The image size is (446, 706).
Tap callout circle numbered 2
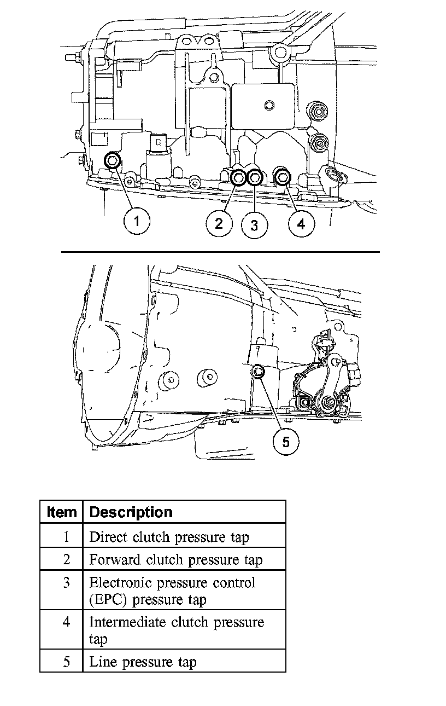pyautogui.click(x=219, y=223)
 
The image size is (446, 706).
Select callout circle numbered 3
pyautogui.click(x=254, y=224)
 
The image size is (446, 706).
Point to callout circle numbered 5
pyautogui.click(x=286, y=441)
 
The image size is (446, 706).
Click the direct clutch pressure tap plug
pyautogui.click(x=113, y=160)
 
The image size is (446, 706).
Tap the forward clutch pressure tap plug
pyautogui.click(x=239, y=177)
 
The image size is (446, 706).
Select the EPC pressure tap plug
pyautogui.click(x=255, y=177)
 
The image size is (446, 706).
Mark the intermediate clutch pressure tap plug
pyautogui.click(x=283, y=177)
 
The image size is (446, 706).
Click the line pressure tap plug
pyautogui.click(x=258, y=372)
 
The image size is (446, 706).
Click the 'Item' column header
pyautogui.click(x=61, y=512)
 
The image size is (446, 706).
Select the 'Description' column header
pyautogui.click(x=131, y=512)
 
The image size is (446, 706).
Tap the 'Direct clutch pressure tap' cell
pyautogui.click(x=169, y=537)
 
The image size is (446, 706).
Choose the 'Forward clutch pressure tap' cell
pyautogui.click(x=175, y=560)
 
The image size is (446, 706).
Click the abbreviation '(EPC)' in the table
pyautogui.click(x=109, y=599)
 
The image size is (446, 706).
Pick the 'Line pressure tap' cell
pyautogui.click(x=143, y=662)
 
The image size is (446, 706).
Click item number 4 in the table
pyautogui.click(x=66, y=622)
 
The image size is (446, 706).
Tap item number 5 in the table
pyautogui.click(x=66, y=662)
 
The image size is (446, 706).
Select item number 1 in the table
pyautogui.click(x=66, y=537)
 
